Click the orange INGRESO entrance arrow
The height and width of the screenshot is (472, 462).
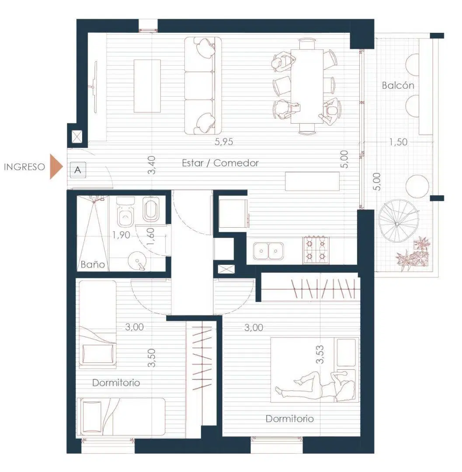(x=56, y=167)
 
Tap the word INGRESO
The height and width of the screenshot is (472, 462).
(x=24, y=167)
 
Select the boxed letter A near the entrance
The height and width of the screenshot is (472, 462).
(x=78, y=170)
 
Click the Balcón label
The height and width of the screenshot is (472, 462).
(x=398, y=86)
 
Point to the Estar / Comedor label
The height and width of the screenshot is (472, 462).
(x=220, y=163)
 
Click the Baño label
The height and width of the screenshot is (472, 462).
(x=93, y=264)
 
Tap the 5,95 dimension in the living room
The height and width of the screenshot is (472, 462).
(x=224, y=142)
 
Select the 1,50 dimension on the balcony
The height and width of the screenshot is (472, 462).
(x=398, y=142)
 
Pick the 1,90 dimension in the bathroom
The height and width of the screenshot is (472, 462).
(x=122, y=235)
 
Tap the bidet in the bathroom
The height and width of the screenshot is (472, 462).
(x=151, y=209)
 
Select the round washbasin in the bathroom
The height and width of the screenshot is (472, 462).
(x=137, y=260)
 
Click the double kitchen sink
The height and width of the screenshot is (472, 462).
(x=268, y=251)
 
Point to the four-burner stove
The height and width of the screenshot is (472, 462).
(x=316, y=250)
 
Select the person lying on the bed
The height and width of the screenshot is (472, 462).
(x=316, y=386)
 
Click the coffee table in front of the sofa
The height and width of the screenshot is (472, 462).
(x=147, y=86)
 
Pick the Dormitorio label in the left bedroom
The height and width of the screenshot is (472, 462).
(x=116, y=383)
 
